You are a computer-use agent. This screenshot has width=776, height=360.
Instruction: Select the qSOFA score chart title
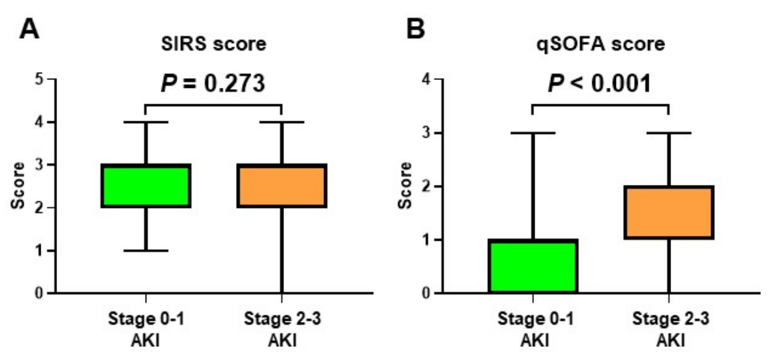[600, 46]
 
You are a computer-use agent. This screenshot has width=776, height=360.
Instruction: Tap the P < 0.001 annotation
[600, 83]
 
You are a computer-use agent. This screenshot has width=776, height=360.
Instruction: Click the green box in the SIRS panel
[146, 186]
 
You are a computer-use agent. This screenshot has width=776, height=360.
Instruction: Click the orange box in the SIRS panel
[281, 186]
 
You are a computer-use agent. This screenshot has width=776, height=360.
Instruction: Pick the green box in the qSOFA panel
[533, 266]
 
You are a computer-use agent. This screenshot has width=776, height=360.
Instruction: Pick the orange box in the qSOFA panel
[668, 212]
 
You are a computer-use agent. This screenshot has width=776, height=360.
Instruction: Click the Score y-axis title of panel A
[17, 186]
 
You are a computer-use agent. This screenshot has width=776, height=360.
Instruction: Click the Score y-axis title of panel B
[405, 186]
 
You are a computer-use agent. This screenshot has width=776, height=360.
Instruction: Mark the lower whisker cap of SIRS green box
[146, 250]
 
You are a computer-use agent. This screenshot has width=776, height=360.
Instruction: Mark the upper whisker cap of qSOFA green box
[533, 132]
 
